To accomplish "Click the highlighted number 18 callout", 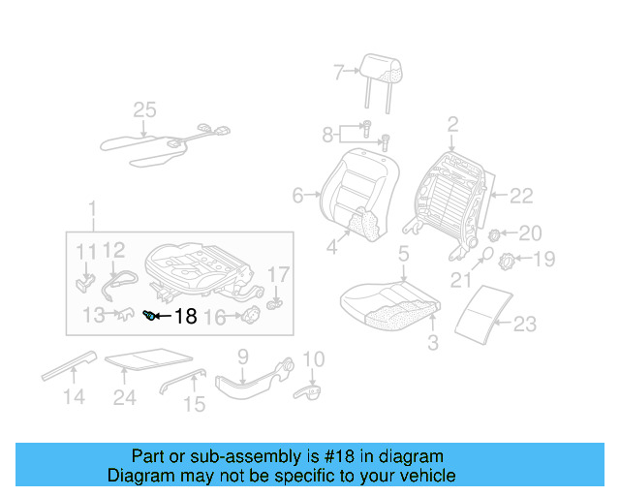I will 185,316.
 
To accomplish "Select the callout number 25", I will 144,110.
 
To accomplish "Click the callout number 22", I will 521,196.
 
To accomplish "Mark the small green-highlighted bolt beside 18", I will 150,315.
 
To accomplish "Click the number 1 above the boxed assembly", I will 92,209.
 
